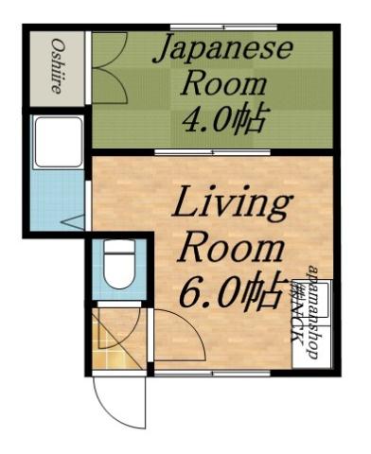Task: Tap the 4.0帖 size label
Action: click(226, 120)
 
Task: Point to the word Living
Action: click(230, 203)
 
